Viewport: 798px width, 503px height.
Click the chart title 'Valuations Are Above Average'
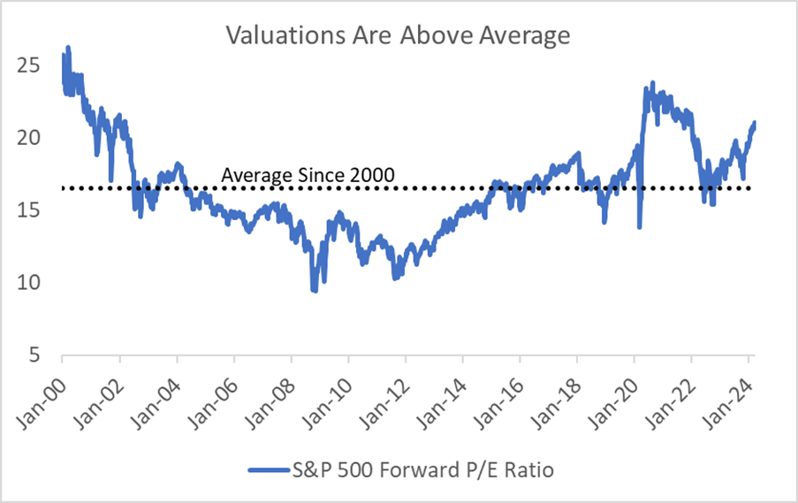[x=399, y=35]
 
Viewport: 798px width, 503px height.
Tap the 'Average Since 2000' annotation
[x=307, y=175]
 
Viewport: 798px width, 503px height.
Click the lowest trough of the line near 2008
[x=314, y=290]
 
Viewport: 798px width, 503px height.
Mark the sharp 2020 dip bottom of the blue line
[x=639, y=226]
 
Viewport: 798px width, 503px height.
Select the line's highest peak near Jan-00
[x=68, y=48]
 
